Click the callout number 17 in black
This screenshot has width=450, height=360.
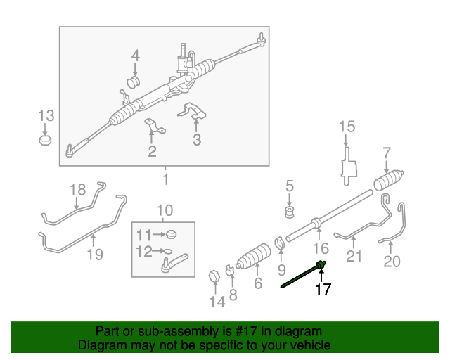coord(322,288)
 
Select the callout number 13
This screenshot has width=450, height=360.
coord(46,115)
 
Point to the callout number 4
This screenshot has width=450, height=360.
coord(135,55)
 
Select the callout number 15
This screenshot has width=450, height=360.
coord(347,127)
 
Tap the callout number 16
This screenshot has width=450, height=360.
coord(321,247)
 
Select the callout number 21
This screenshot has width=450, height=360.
coord(354,256)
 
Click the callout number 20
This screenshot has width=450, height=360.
coord(392,262)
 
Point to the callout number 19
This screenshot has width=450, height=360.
coord(95,254)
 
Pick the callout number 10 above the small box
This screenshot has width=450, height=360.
coord(164,210)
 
